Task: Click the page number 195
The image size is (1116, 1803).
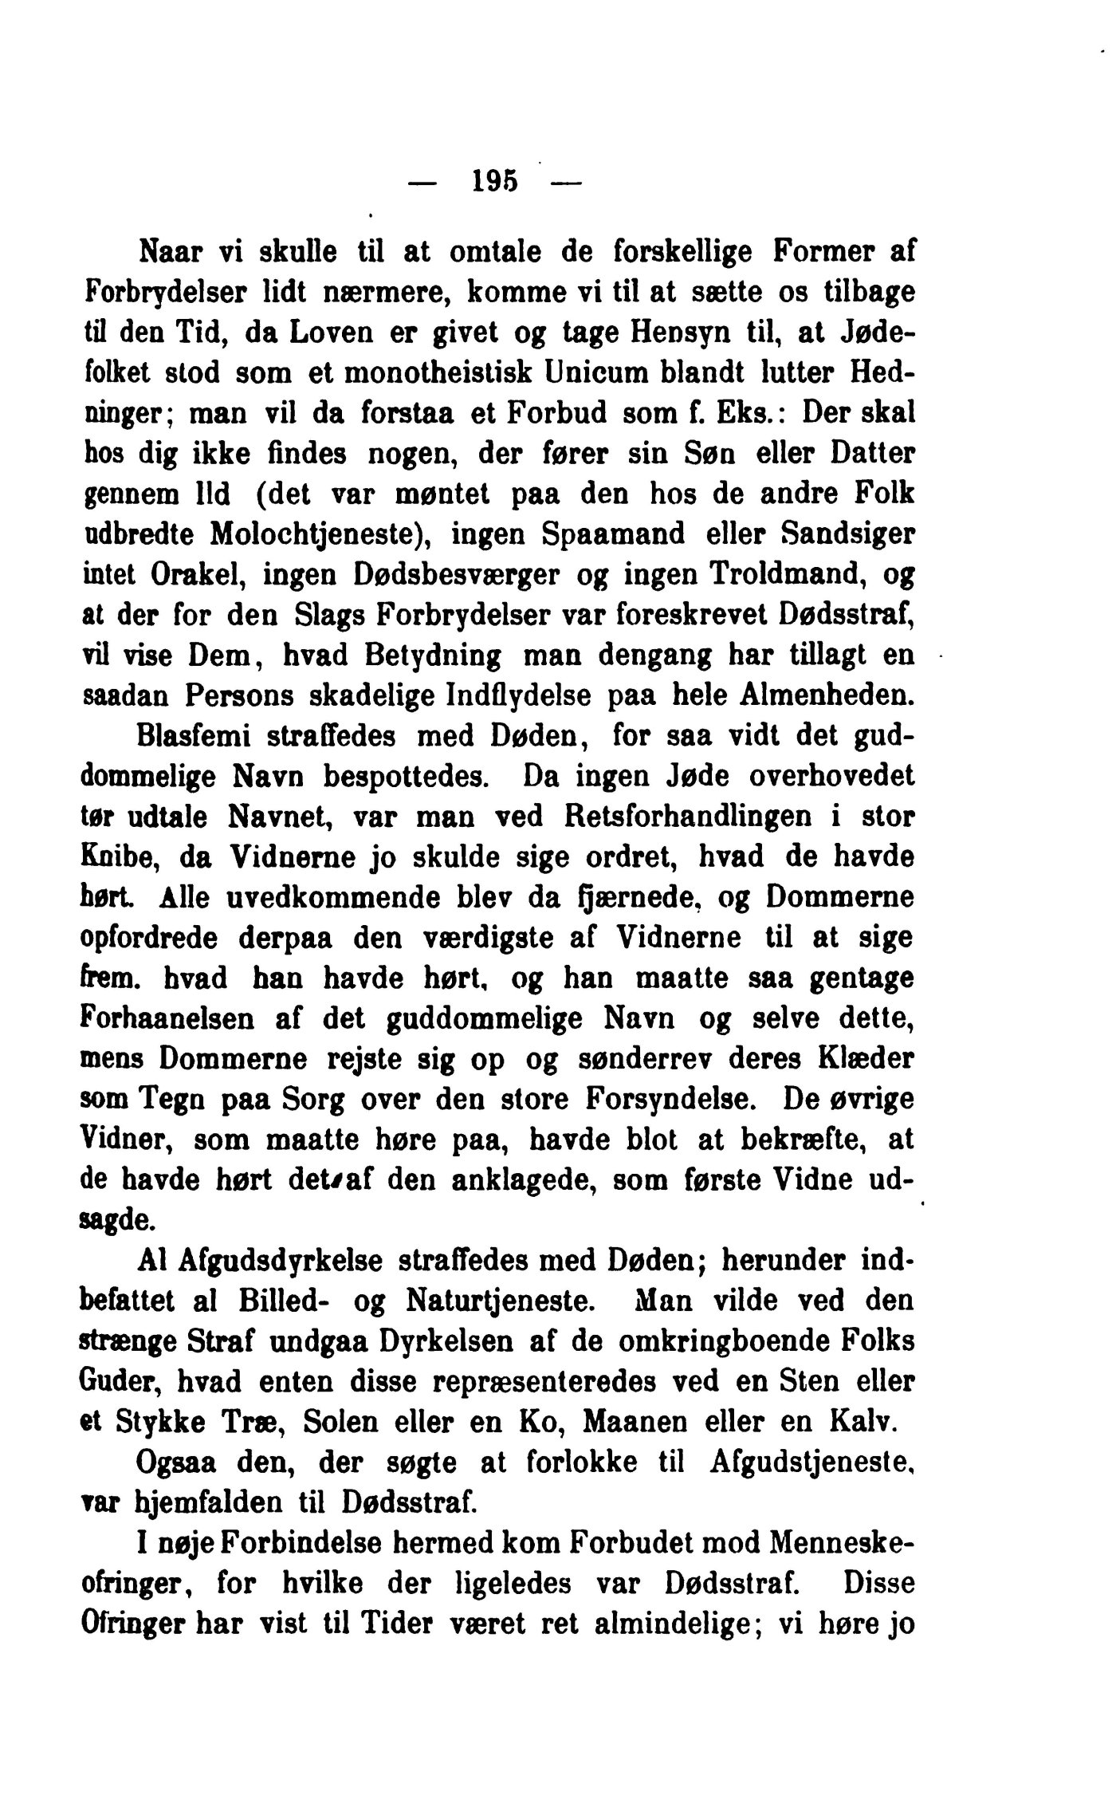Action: tap(494, 183)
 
